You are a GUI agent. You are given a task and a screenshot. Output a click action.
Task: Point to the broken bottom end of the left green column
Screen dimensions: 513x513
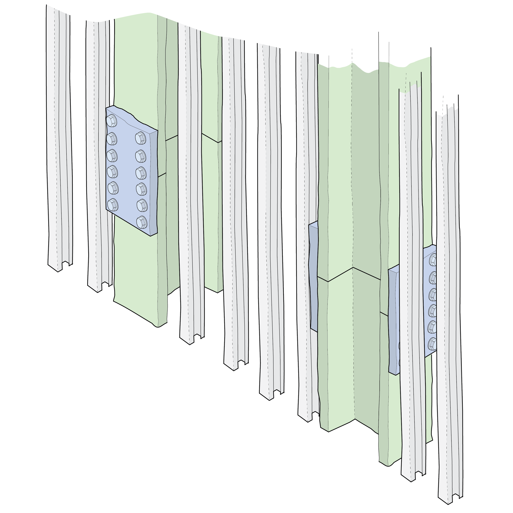pyautogui.click(x=141, y=315)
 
